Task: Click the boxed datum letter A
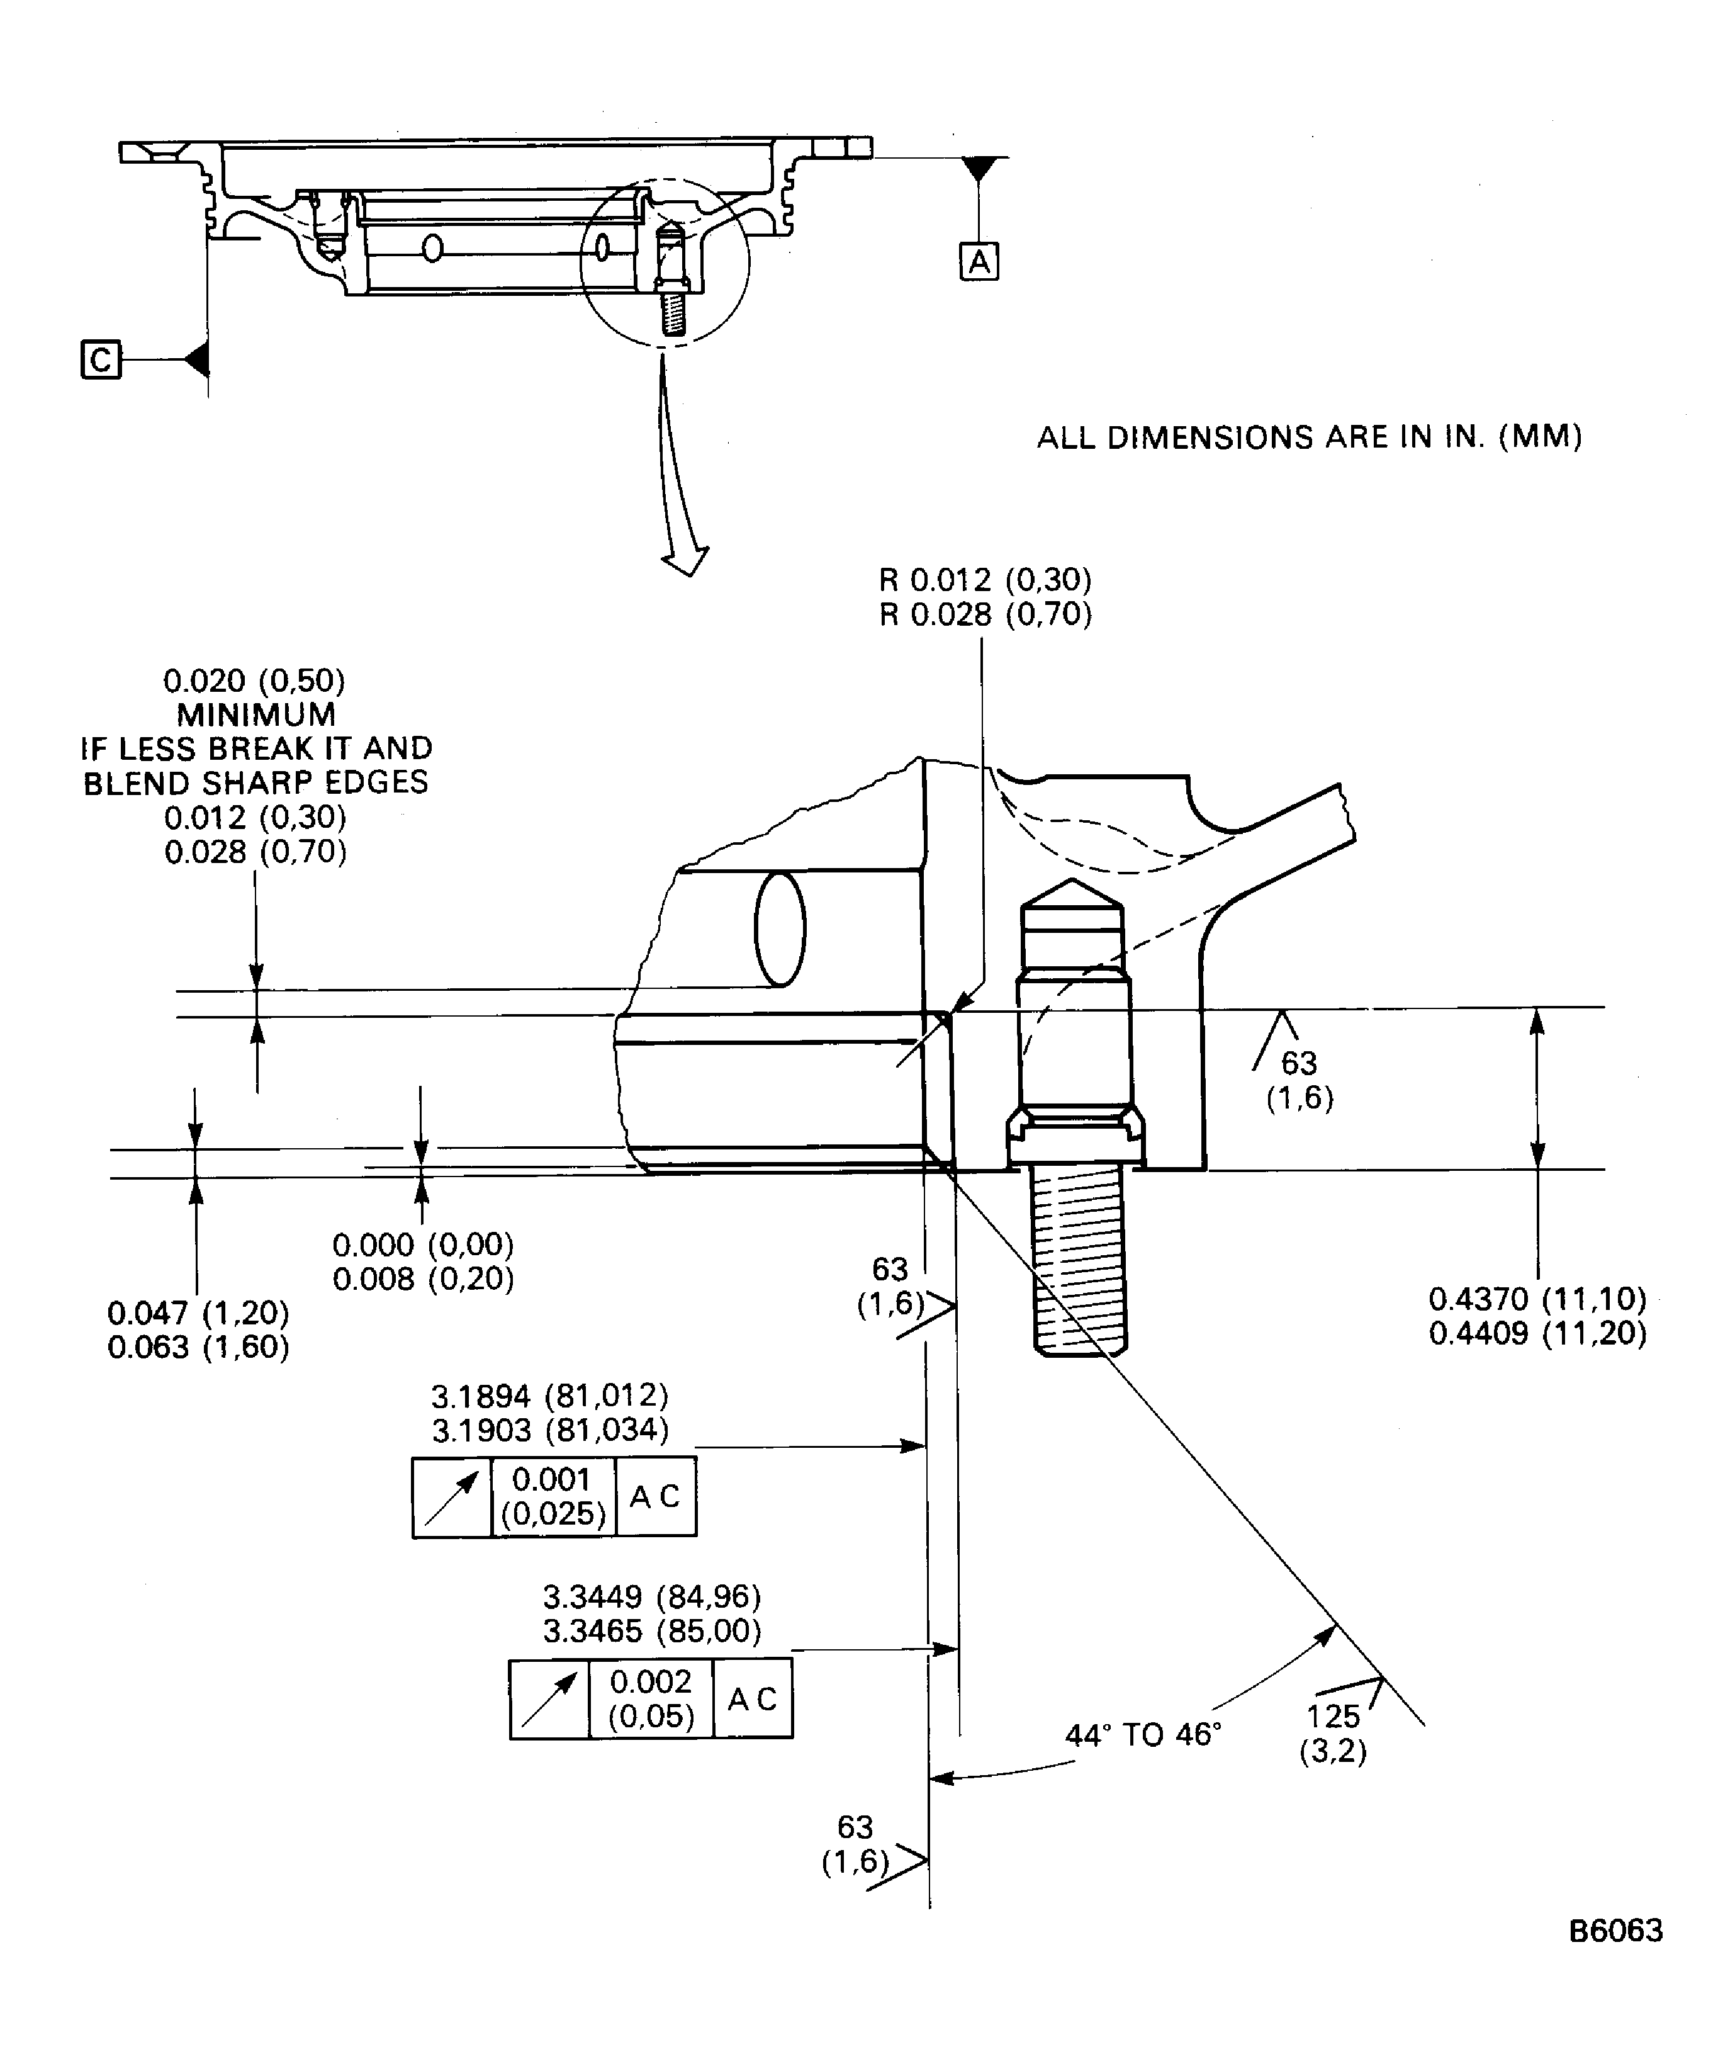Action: pos(979,262)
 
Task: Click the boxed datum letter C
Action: pos(99,360)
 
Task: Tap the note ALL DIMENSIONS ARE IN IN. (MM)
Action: pos(1308,437)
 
